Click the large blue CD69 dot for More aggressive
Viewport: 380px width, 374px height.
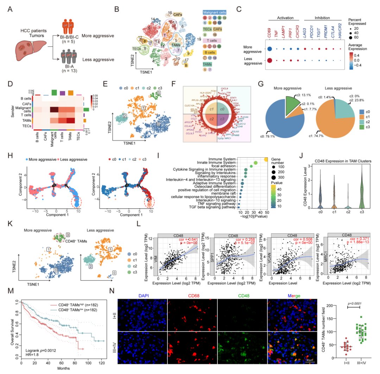pyautogui.click(x=270, y=49)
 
